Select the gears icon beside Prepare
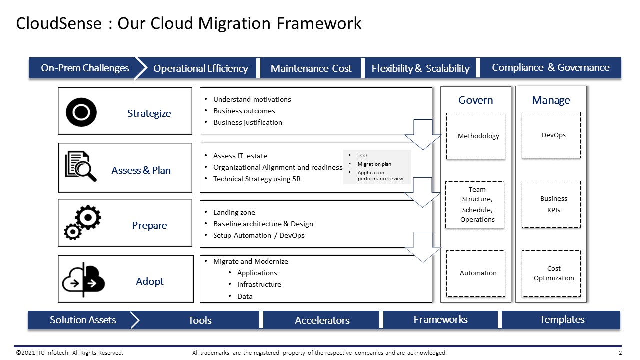pos(83,222)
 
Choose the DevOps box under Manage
pos(551,135)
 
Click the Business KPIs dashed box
pos(551,204)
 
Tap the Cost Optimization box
pos(551,273)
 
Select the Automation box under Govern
pos(475,273)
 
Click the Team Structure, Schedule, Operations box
pos(475,205)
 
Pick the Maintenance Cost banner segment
pos(311,69)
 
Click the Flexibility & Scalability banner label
pos(420,69)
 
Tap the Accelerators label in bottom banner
pos(322,320)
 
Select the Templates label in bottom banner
pos(562,320)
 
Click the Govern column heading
pos(475,100)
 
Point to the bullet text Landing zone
pos(234,212)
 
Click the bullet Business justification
pos(247,122)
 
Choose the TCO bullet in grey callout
pos(362,156)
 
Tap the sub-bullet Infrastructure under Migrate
pos(259,284)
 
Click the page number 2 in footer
pos(620,353)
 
